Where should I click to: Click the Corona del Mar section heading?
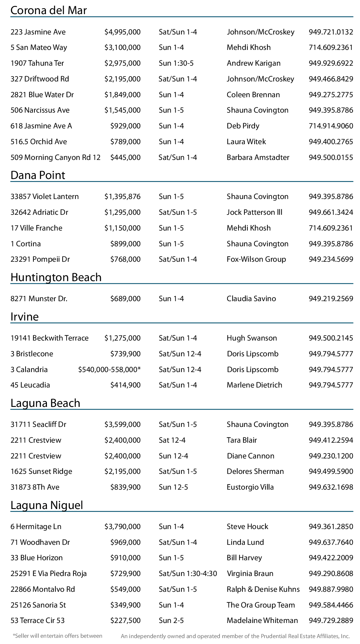click(49, 11)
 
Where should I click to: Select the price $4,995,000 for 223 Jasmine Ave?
click(122, 32)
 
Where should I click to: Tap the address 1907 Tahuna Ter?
click(37, 63)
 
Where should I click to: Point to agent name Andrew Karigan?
click(253, 63)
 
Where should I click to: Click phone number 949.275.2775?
click(331, 95)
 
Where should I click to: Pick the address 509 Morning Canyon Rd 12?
click(55, 157)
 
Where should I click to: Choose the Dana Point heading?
click(38, 175)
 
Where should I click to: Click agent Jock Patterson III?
click(254, 212)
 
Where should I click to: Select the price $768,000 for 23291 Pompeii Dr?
click(125, 259)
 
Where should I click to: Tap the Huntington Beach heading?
click(56, 277)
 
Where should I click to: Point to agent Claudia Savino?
click(251, 299)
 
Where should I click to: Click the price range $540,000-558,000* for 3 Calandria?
click(109, 369)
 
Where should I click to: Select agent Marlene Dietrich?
click(254, 385)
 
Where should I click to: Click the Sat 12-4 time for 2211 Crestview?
click(172, 440)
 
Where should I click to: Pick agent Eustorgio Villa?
click(250, 487)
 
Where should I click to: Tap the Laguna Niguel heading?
click(47, 505)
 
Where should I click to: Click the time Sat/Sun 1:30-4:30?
click(188, 573)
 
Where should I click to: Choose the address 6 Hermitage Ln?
click(36, 526)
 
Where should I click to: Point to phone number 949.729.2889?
click(331, 620)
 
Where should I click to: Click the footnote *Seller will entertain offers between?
click(57, 636)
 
